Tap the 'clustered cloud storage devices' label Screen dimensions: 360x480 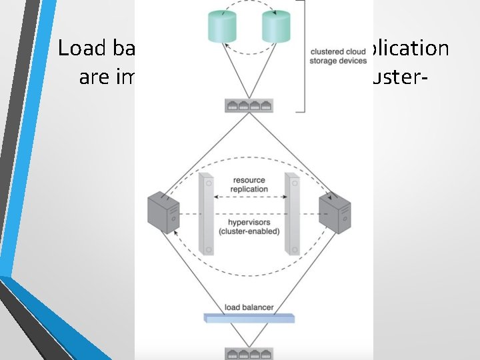point(338,56)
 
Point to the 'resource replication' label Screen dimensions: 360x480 point(249,184)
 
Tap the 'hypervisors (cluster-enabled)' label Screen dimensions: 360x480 point(249,227)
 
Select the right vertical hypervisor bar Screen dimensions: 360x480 point(291,213)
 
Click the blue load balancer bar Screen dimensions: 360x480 point(250,317)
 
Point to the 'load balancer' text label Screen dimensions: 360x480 point(249,307)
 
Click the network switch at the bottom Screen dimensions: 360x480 point(249,353)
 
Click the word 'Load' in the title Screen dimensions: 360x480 point(79,48)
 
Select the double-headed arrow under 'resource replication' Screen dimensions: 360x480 point(249,197)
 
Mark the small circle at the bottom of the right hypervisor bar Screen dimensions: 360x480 point(291,250)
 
